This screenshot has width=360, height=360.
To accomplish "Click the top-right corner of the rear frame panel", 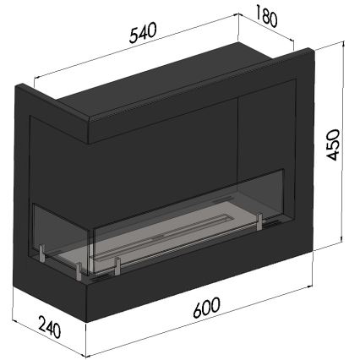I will [x=314, y=50].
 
